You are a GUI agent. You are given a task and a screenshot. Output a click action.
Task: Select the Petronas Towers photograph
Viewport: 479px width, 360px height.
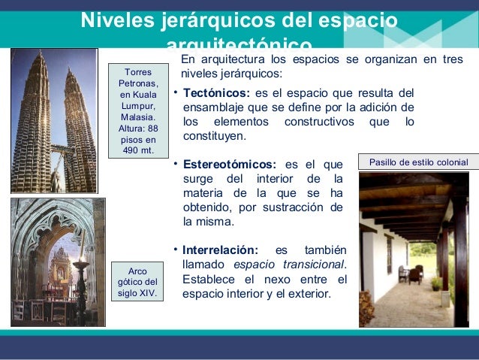click(x=53, y=120)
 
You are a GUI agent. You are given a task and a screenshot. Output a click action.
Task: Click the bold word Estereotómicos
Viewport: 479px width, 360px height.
click(x=229, y=165)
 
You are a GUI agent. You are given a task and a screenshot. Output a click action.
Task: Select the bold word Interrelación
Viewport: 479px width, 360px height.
click(x=220, y=250)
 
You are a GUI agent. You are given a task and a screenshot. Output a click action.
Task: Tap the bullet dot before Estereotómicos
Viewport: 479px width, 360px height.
click(x=175, y=164)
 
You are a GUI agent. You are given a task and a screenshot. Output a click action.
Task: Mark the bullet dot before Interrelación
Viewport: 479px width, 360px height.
click(x=175, y=250)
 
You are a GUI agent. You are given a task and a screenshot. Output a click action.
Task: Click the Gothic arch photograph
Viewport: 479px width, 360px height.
click(x=58, y=262)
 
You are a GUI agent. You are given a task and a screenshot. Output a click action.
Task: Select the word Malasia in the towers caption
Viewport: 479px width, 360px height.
click(x=137, y=117)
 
